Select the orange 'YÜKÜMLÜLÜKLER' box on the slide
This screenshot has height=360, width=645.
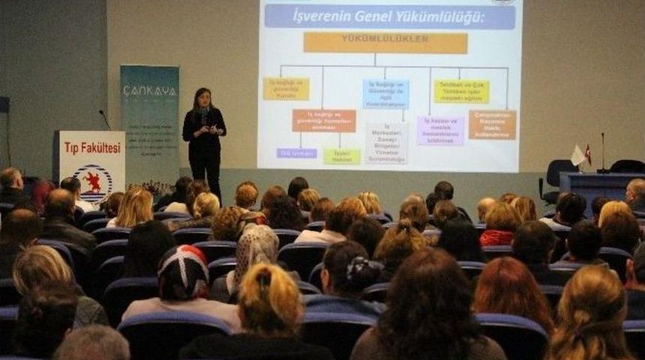(385, 43)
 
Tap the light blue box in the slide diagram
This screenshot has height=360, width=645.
(385, 94)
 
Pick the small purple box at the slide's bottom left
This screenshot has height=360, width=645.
(296, 153)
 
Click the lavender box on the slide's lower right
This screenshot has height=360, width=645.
(440, 130)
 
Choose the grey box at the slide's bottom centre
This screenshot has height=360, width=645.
(386, 142)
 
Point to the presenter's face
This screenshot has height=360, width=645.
(202, 98)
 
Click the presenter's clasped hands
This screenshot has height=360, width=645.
(211, 130)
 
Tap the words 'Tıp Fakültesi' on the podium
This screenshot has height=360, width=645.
(91, 148)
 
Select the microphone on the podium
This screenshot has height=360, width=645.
(104, 118)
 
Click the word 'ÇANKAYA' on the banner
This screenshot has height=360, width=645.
(149, 91)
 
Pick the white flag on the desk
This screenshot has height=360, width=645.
(577, 155)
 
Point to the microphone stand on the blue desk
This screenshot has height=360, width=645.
(602, 153)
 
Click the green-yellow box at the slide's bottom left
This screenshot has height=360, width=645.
(342, 156)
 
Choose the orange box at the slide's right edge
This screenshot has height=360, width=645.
(492, 125)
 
